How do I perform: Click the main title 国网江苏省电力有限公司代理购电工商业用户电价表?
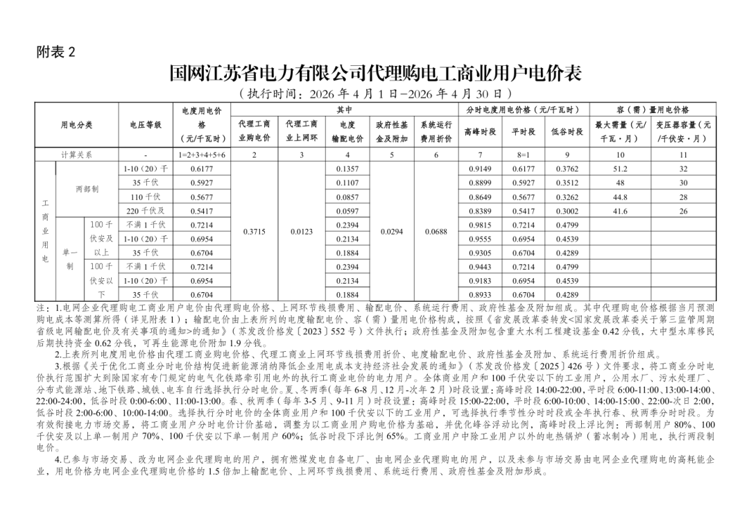(374, 74)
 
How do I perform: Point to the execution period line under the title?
(374, 94)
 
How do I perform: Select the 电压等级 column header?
(146, 125)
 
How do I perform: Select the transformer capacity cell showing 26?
(684, 211)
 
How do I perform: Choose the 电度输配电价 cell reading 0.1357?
(347, 169)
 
